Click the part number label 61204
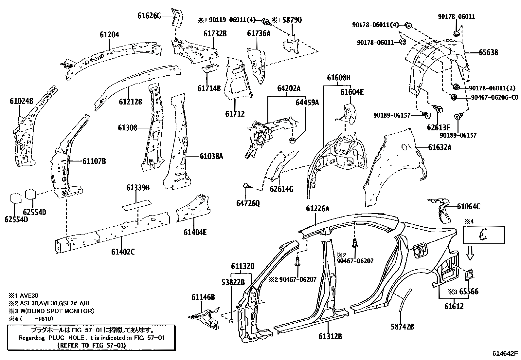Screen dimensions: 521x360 [x=109, y=35]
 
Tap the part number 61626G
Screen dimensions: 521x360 [x=149, y=16]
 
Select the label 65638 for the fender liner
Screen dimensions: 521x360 [x=488, y=53]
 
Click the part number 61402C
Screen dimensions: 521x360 [x=123, y=252]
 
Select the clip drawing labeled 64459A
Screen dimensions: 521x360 [x=292, y=141]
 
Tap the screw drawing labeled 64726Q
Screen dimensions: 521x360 [x=246, y=186]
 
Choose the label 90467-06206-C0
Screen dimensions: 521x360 [x=494, y=97]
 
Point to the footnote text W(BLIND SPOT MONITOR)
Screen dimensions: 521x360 [x=57, y=311]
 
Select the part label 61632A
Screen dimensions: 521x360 [x=440, y=147]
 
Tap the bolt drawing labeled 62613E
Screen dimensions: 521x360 [x=438, y=109]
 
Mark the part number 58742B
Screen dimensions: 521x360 [x=403, y=327]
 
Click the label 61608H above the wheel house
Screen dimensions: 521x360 [x=339, y=78]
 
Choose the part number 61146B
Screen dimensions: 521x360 [x=203, y=297]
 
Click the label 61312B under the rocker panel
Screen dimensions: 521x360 [x=330, y=336]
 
